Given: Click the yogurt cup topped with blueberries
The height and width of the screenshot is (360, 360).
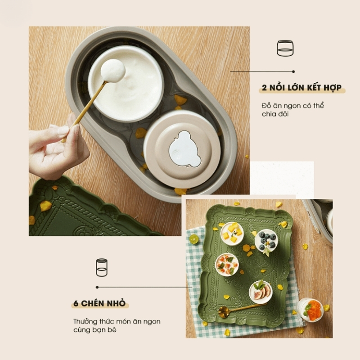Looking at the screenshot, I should [x=266, y=241].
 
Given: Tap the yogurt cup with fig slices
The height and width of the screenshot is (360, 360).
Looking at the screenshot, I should [x=261, y=291].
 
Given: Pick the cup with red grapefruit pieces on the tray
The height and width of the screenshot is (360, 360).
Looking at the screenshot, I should [x=227, y=264].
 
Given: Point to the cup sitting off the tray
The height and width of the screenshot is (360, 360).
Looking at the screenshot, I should [x=310, y=309].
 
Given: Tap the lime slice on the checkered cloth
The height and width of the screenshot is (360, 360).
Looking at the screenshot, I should [x=194, y=239].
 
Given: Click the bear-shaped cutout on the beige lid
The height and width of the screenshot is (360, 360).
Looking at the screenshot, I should [x=182, y=149].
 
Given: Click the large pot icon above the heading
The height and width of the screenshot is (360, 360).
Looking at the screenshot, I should [x=285, y=48].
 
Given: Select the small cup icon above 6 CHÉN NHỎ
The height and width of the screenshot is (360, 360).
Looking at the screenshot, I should [x=102, y=267].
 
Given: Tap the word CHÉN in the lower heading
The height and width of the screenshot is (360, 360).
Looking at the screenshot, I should [x=94, y=303].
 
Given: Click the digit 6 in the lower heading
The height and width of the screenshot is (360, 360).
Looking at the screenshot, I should [x=76, y=303].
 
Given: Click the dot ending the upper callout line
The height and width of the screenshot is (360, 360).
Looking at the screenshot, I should [x=293, y=71].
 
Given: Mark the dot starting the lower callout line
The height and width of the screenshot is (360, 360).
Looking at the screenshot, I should [x=97, y=287].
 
